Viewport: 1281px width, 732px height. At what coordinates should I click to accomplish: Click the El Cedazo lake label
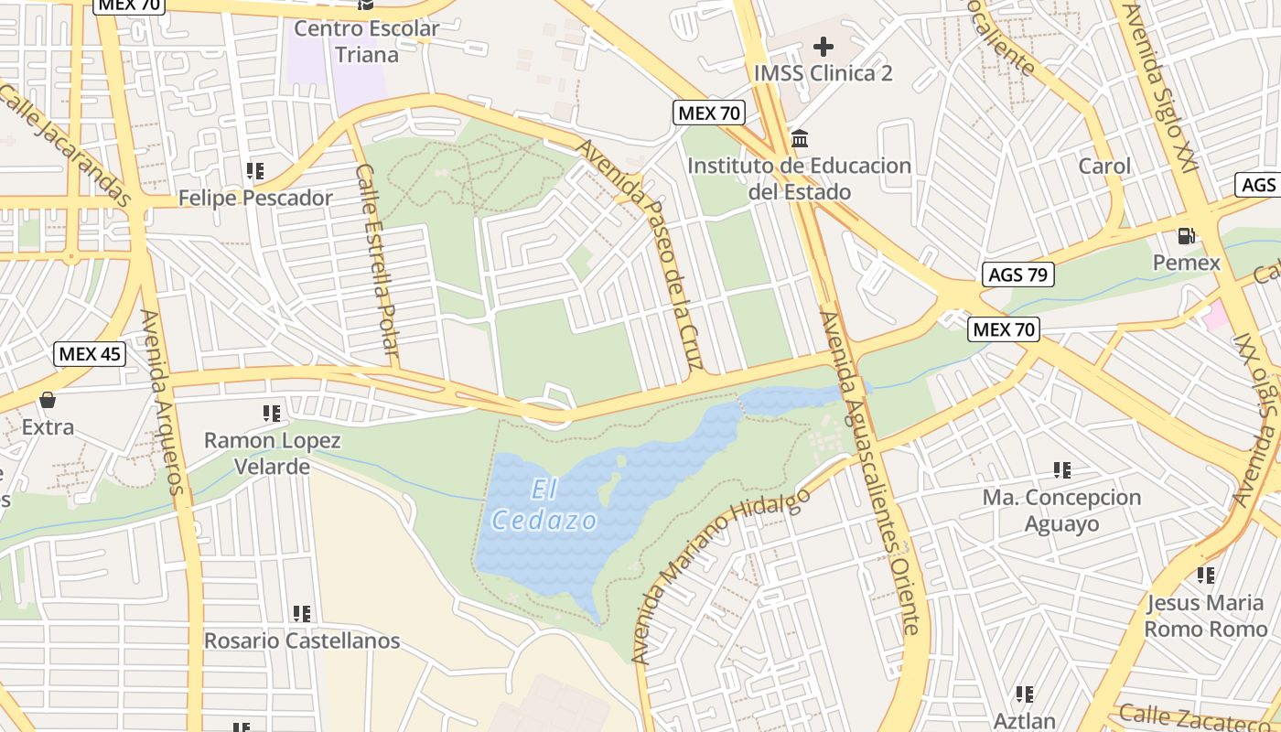click(x=545, y=506)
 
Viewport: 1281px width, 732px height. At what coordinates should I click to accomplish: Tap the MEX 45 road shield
click(x=89, y=354)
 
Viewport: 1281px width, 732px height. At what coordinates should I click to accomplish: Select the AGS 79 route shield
click(x=1017, y=274)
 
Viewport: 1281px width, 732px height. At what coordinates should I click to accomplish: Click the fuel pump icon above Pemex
click(x=1187, y=235)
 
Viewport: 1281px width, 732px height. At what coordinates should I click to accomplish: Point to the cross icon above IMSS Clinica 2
click(x=823, y=46)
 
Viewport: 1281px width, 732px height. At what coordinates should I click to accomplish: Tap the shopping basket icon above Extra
click(x=48, y=400)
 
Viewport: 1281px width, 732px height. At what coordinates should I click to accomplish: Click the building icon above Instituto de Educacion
click(x=800, y=139)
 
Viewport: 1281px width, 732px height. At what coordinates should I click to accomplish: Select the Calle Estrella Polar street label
click(x=378, y=261)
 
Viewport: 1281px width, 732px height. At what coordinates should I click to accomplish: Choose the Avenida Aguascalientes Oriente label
click(x=869, y=472)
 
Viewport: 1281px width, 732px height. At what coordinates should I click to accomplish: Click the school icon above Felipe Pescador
click(x=255, y=171)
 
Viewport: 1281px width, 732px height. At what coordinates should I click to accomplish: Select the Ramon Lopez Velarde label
click(x=272, y=454)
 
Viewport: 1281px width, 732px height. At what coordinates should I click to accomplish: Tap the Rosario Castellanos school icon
click(x=301, y=614)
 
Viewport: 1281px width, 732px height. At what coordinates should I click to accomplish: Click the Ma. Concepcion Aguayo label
click(x=1061, y=511)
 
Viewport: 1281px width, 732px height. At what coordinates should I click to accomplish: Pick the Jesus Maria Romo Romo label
click(x=1205, y=616)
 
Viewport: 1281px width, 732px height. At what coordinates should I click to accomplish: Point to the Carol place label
click(x=1104, y=167)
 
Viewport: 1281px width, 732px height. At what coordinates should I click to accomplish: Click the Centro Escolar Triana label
click(x=366, y=41)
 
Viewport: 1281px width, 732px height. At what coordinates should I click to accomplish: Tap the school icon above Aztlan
click(x=1025, y=694)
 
